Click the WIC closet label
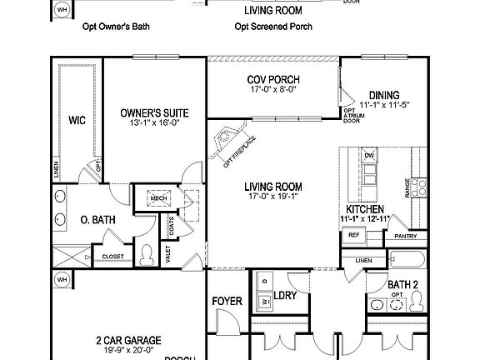point(77,120)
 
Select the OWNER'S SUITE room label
point(153,113)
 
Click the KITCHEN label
point(364,208)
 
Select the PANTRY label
point(406,237)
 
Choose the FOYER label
point(227,301)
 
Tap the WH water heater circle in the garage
point(62,280)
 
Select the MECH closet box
point(158,197)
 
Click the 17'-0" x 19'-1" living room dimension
point(273,198)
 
